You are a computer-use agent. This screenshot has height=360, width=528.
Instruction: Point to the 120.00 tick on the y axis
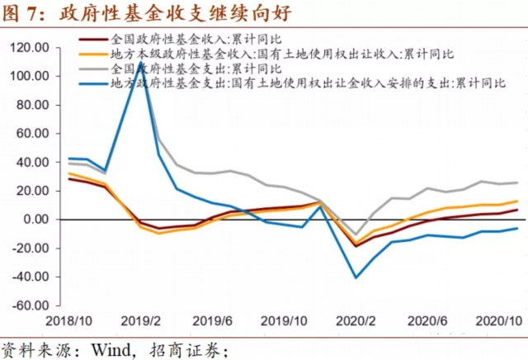pyautogui.click(x=29, y=48)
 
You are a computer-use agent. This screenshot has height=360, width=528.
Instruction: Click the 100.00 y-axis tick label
pyautogui.click(x=29, y=77)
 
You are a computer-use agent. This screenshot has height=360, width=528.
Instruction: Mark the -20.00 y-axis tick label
pyautogui.click(x=30, y=248)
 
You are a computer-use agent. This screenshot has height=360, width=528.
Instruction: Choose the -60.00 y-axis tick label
pyautogui.click(x=30, y=305)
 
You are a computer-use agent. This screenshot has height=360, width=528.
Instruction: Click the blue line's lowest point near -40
pyautogui.click(x=356, y=277)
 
